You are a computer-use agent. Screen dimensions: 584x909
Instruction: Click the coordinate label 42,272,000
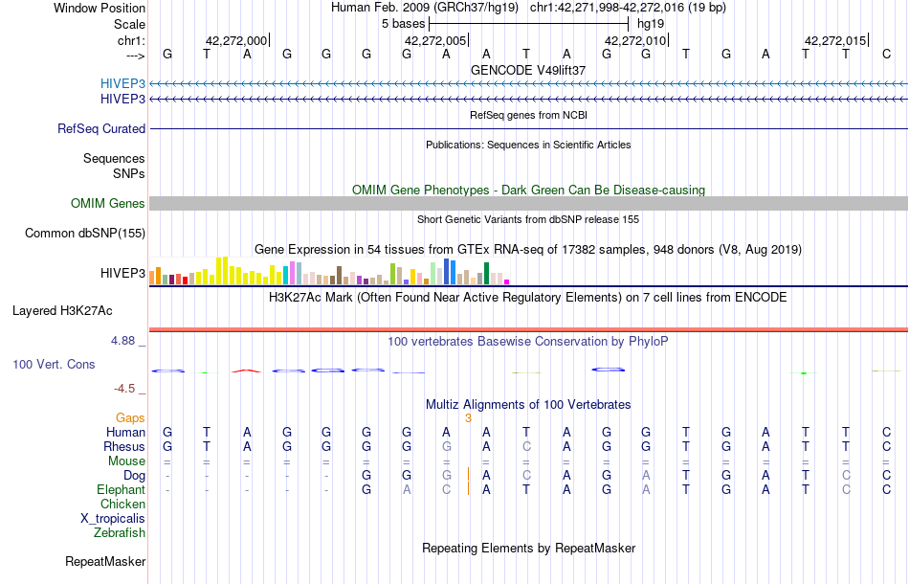click(236, 41)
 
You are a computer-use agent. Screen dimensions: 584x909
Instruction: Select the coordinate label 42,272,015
click(835, 41)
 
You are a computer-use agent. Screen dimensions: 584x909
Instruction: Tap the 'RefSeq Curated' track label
click(101, 128)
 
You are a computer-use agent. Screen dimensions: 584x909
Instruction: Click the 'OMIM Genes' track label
click(108, 203)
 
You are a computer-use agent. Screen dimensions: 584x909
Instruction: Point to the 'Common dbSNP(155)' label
click(85, 233)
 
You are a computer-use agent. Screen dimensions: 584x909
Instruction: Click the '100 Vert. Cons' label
click(54, 365)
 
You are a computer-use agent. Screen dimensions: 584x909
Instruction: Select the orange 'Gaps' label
click(130, 418)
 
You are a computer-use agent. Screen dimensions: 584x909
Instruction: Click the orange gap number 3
click(468, 418)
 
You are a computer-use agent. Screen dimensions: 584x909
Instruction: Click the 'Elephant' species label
click(121, 489)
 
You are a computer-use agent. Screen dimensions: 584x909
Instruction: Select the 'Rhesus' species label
click(124, 446)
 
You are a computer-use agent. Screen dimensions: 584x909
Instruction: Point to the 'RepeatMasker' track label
click(105, 561)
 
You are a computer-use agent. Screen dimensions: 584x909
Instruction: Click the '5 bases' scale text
click(403, 23)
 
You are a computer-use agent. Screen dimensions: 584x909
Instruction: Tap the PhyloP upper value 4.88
click(127, 340)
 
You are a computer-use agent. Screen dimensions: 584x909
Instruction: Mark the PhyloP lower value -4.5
click(129, 389)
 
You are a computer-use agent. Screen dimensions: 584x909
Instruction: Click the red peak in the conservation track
click(247, 370)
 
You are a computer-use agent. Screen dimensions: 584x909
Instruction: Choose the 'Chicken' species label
click(122, 504)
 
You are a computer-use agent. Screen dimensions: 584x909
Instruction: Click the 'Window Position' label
click(100, 8)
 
